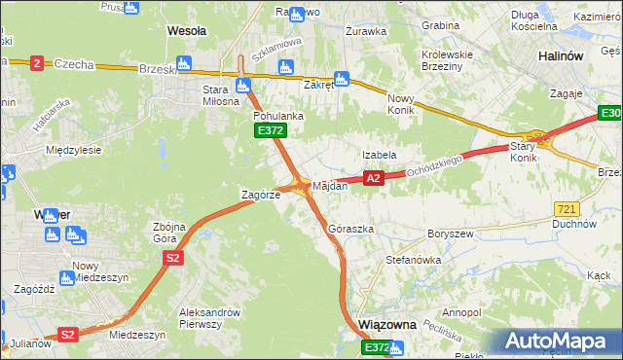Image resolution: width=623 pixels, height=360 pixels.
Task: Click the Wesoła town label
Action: (x=187, y=31)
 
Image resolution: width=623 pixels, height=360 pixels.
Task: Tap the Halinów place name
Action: (x=561, y=56)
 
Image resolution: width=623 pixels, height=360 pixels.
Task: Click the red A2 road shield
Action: (x=373, y=178)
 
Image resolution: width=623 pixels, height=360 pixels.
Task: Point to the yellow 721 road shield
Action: (x=567, y=209)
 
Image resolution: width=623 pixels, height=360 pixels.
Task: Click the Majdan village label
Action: (x=329, y=185)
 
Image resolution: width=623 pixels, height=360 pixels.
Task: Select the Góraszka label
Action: (x=351, y=230)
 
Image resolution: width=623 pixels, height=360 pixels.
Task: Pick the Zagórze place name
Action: (x=261, y=195)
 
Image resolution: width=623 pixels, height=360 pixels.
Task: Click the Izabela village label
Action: (x=379, y=155)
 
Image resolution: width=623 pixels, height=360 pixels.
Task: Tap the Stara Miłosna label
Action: (x=221, y=96)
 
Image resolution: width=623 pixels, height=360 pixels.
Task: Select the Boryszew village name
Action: (x=449, y=234)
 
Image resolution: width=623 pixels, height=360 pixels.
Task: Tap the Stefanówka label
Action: (x=414, y=261)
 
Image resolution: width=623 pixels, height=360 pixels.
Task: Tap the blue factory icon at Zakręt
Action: (x=342, y=79)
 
